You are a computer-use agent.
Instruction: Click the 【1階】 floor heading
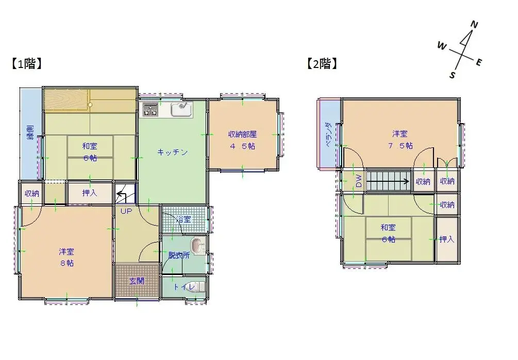pyautogui.click(x=26, y=64)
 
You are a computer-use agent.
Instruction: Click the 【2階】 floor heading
pyautogui.click(x=322, y=64)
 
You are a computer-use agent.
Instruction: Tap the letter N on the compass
pyautogui.click(x=475, y=25)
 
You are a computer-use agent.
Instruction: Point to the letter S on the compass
pyautogui.click(x=452, y=75)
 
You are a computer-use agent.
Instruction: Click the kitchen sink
pyautogui.click(x=180, y=109)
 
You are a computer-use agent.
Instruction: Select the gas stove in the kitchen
pyautogui.click(x=150, y=109)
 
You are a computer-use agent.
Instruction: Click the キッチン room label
pyautogui.click(x=172, y=152)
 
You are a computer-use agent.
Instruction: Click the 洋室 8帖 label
pyautogui.click(x=66, y=257)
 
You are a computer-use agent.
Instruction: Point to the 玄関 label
pyautogui.click(x=137, y=281)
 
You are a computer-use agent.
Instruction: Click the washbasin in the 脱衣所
pyautogui.click(x=197, y=244)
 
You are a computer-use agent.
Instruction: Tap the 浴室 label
pyautogui.click(x=183, y=219)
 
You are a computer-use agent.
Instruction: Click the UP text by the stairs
pyautogui.click(x=126, y=211)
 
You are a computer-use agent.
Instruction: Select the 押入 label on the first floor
pyautogui.click(x=90, y=193)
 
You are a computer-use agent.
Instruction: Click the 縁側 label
pyautogui.click(x=30, y=133)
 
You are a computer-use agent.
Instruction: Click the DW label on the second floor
pyautogui.click(x=358, y=181)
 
